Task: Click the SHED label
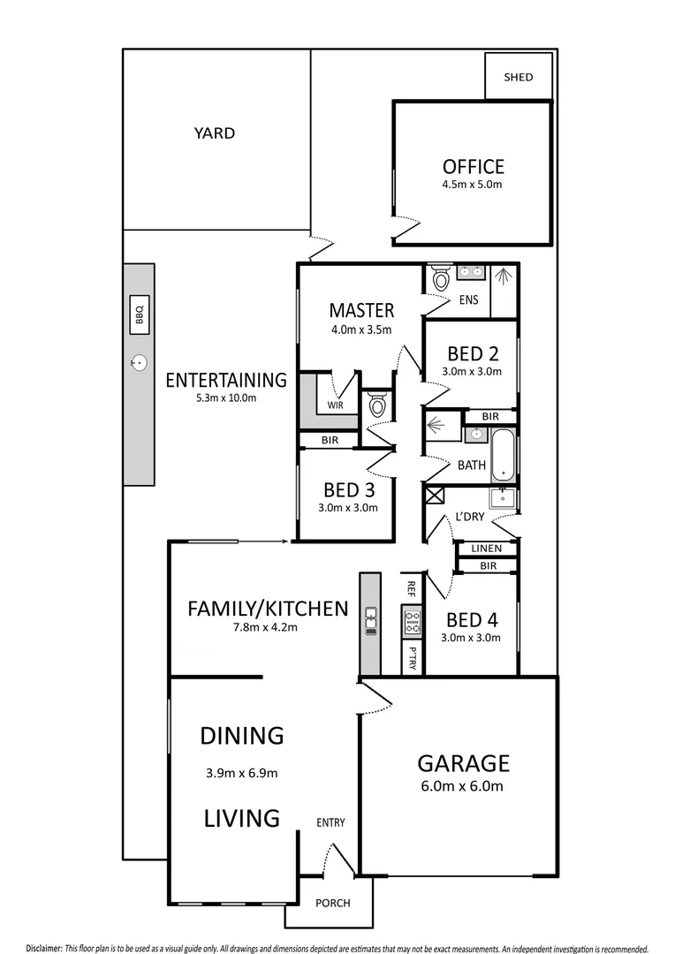[x=519, y=77]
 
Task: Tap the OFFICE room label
[x=473, y=167]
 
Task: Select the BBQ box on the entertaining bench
[x=139, y=314]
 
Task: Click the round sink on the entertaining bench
[x=139, y=360]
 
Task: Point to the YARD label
[x=215, y=133]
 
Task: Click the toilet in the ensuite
[x=440, y=280]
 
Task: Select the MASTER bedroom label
[x=360, y=310]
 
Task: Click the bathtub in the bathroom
[x=503, y=455]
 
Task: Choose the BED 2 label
[x=472, y=354]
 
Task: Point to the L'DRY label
[x=470, y=518]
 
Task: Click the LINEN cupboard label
[x=486, y=549]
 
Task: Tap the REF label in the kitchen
[x=411, y=587]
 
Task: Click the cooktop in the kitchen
[x=410, y=620]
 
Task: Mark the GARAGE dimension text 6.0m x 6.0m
[x=463, y=786]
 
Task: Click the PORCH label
[x=333, y=903]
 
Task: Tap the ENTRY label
[x=330, y=823]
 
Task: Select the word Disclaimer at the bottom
[x=44, y=947]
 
